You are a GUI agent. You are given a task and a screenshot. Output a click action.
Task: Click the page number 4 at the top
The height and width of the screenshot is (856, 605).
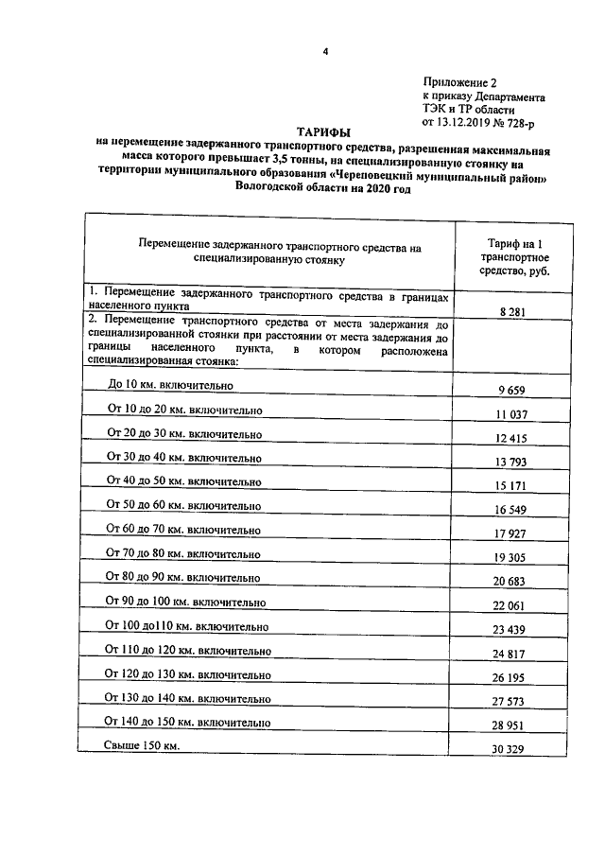(x=323, y=52)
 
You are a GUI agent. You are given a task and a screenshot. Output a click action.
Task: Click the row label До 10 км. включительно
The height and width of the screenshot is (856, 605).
(x=170, y=386)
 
